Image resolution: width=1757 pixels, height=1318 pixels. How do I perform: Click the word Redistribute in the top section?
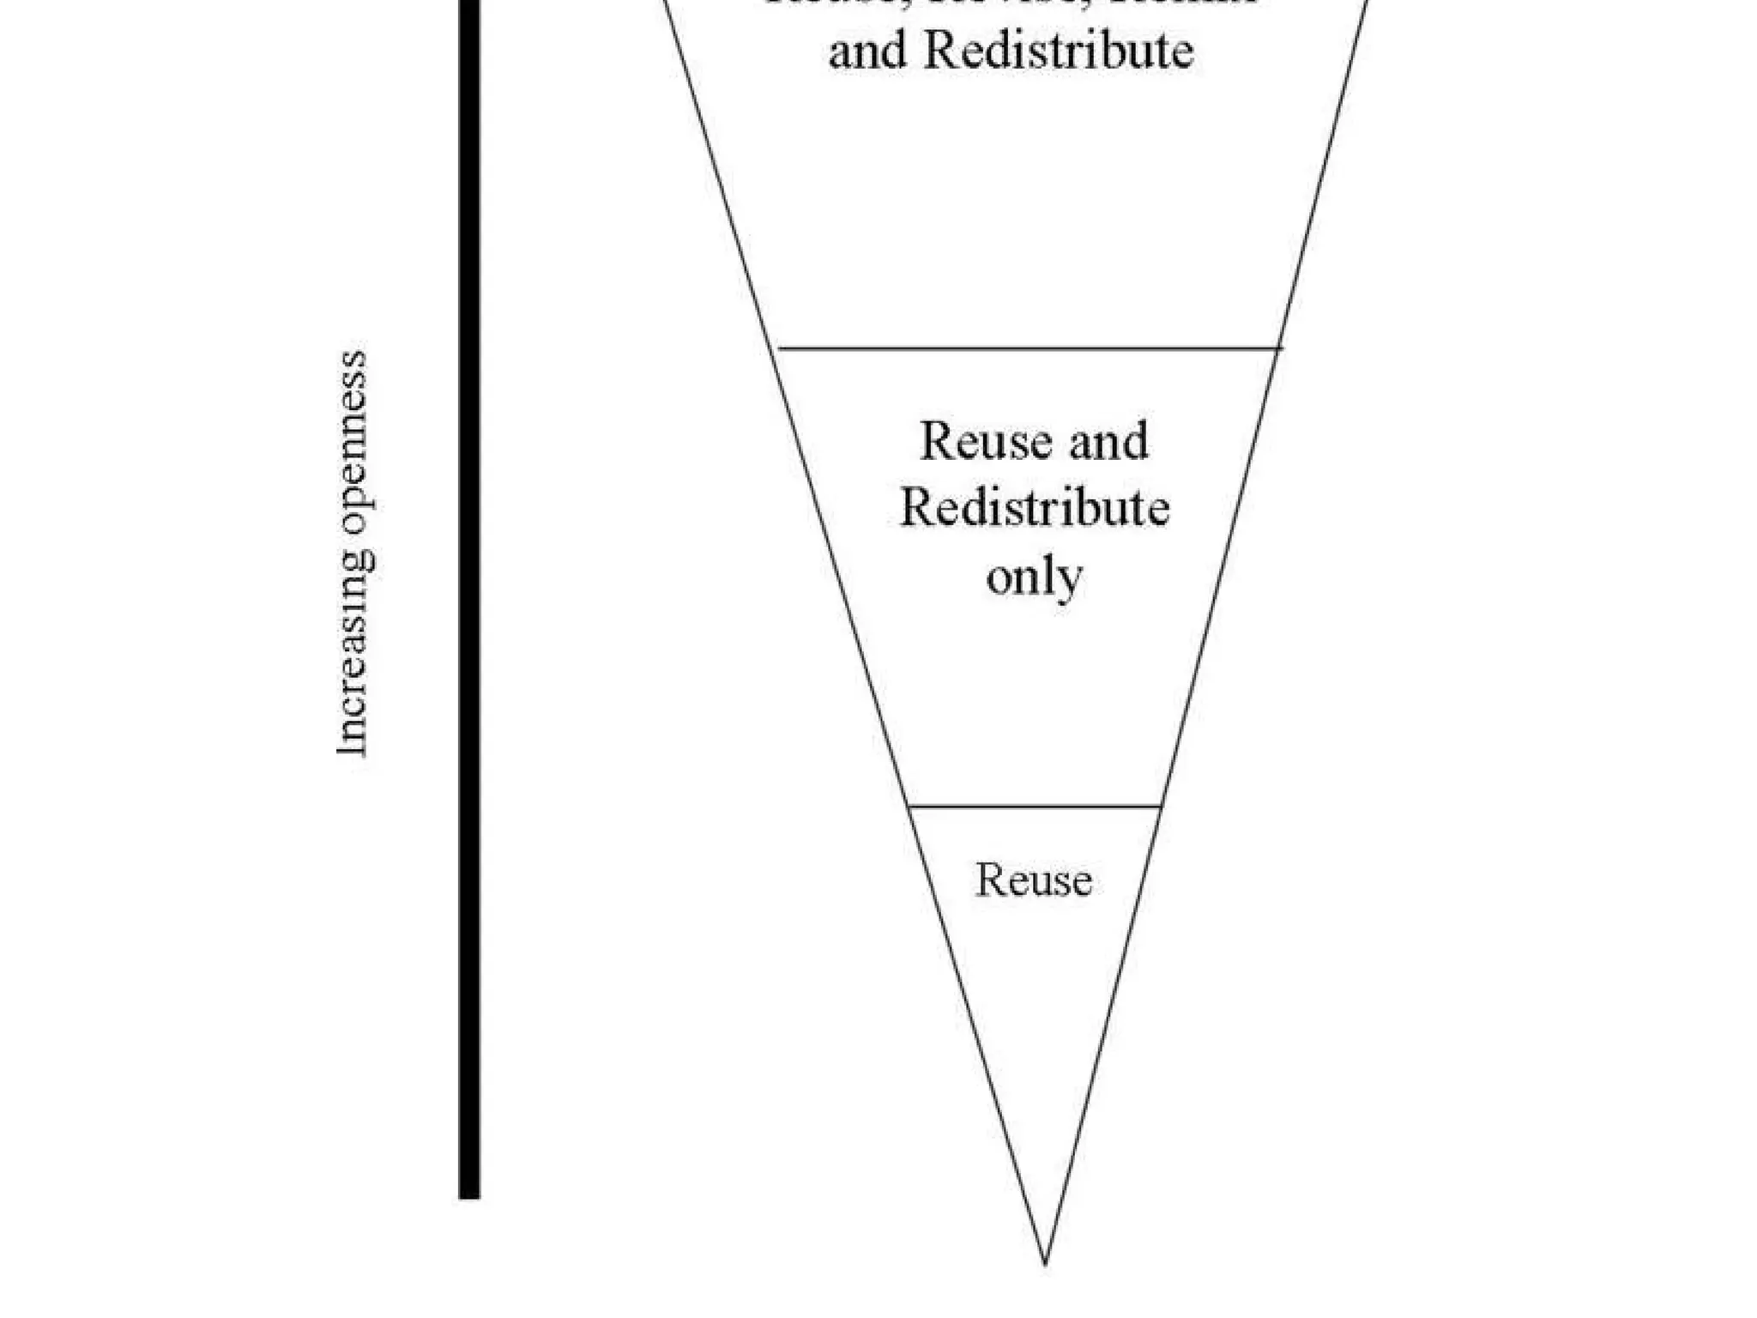pos(1058,51)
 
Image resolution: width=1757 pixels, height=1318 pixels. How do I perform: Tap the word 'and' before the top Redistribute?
pos(868,51)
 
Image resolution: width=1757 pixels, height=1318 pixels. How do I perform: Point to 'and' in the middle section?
pos(1108,441)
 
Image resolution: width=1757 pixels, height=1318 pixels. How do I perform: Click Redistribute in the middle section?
pos(1035,508)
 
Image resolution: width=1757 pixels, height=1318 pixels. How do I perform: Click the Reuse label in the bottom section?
pos(1034,880)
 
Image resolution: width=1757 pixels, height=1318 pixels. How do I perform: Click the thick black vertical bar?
pos(469,601)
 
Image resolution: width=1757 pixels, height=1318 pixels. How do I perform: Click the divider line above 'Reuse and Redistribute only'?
pos(1029,348)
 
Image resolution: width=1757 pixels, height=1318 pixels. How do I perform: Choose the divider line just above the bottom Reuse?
pos(1035,807)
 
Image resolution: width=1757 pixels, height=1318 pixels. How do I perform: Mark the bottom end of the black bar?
pos(469,1196)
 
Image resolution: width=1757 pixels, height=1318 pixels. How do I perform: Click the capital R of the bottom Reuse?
pos(988,880)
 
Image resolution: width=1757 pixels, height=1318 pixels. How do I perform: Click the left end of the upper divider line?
pos(777,348)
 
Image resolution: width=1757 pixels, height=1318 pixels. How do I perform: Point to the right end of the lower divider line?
pos(1161,807)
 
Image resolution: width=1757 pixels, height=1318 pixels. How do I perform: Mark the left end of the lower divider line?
pos(909,807)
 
